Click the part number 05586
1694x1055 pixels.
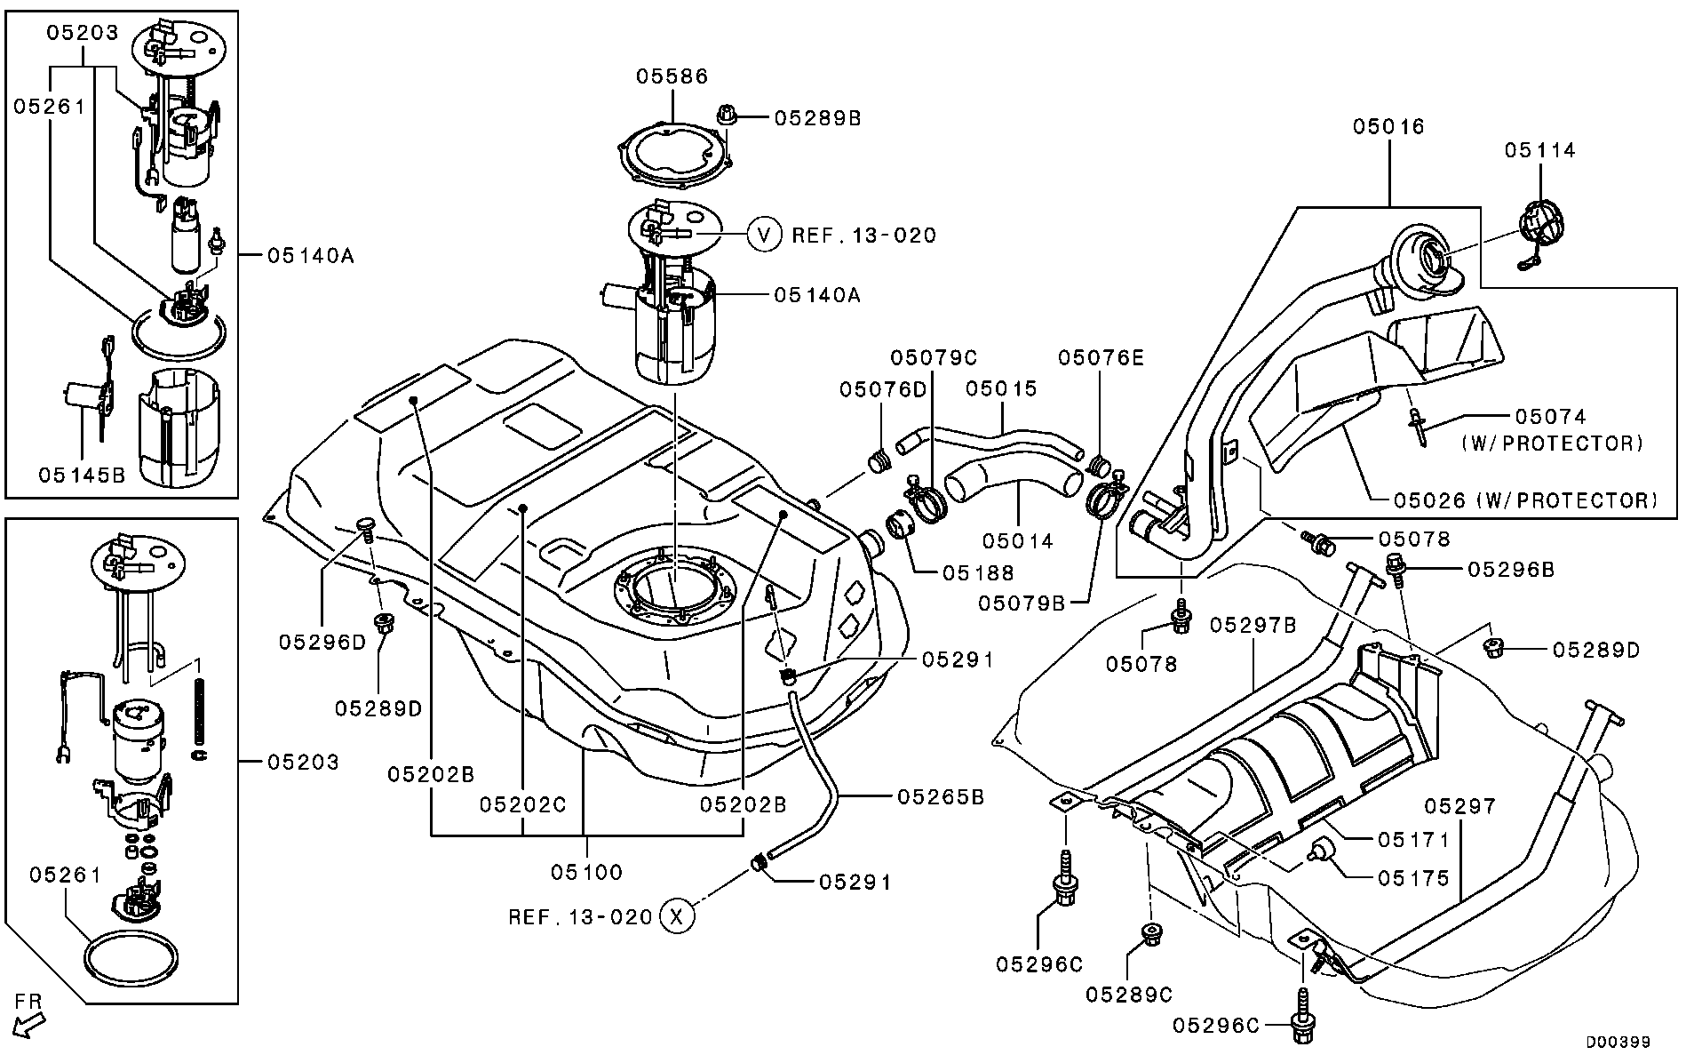pyautogui.click(x=672, y=76)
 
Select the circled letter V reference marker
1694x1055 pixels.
pyautogui.click(x=763, y=235)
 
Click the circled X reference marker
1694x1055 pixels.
pyautogui.click(x=676, y=915)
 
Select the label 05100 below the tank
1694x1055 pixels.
pyautogui.click(x=586, y=872)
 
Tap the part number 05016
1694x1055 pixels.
pyautogui.click(x=1388, y=126)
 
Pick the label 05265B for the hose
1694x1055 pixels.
pyautogui.click(x=941, y=796)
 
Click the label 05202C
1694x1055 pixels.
pyautogui.click(x=524, y=803)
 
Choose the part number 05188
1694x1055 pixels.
pyautogui.click(x=978, y=573)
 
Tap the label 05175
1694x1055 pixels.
pyautogui.click(x=1414, y=878)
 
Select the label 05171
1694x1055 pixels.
pyautogui.click(x=1414, y=839)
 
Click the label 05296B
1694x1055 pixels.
pyautogui.click(x=1511, y=570)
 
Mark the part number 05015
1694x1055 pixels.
pyautogui.click(x=1001, y=388)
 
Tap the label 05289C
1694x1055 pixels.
pyautogui.click(x=1128, y=995)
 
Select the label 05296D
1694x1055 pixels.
pyautogui.click(x=322, y=641)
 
